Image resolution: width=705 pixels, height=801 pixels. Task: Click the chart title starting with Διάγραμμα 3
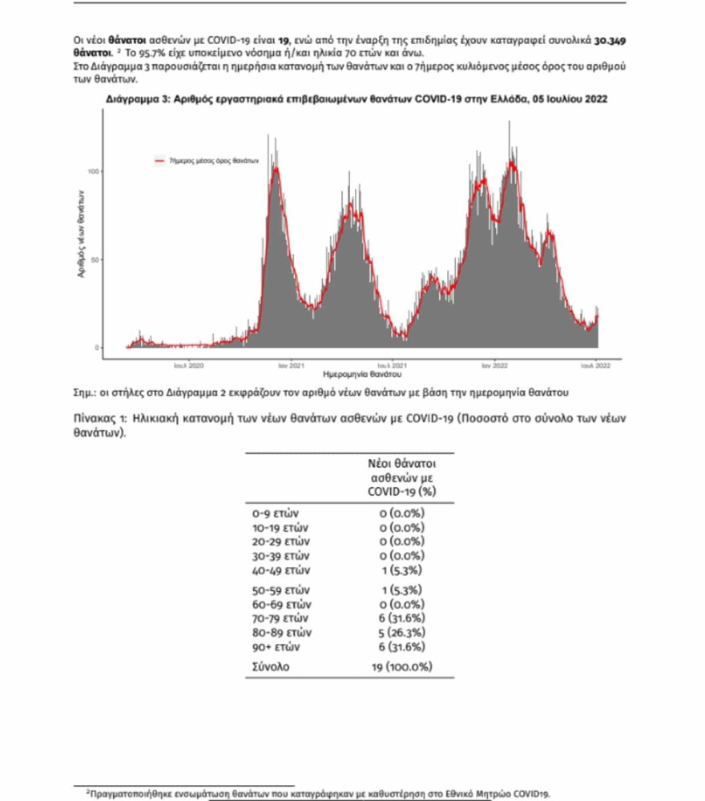point(356,99)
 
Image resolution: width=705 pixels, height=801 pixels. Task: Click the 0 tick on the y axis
point(95,348)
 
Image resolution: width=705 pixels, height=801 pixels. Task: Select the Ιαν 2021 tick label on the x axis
point(290,364)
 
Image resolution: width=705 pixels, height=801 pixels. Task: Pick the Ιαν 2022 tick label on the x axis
point(493,364)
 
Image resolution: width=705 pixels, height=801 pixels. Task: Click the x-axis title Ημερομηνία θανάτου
point(362,374)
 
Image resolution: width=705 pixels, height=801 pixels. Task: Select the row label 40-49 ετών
point(280,570)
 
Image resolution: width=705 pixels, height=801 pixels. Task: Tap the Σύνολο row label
point(273,666)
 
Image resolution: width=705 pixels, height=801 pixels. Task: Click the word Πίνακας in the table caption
point(96,417)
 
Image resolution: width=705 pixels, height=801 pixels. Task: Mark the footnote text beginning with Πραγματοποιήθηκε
point(320,793)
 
